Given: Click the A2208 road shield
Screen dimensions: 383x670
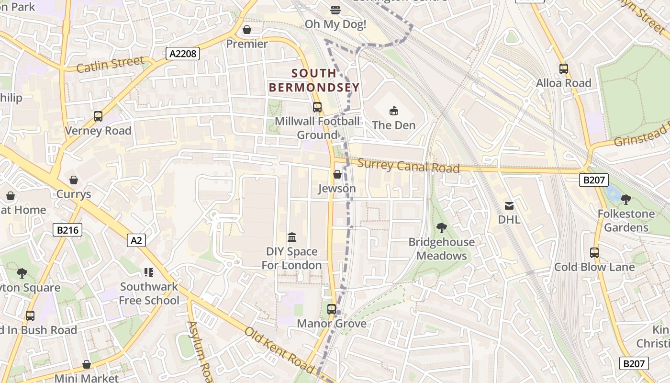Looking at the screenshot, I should [183, 53].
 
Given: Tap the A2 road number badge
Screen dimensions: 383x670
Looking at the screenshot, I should [136, 240].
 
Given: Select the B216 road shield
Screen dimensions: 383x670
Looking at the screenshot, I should [67, 230].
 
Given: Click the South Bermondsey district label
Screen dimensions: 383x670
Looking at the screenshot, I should [314, 80].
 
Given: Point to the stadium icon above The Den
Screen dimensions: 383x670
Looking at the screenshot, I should [393, 111].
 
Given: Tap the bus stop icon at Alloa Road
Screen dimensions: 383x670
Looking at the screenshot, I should [563, 69].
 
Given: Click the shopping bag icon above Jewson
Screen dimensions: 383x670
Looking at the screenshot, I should [337, 174].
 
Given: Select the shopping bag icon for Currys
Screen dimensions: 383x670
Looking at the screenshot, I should [74, 180].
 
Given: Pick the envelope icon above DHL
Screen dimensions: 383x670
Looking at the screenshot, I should [509, 206].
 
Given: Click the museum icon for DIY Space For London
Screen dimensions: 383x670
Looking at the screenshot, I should [291, 237].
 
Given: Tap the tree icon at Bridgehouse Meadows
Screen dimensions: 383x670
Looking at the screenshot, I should [441, 228].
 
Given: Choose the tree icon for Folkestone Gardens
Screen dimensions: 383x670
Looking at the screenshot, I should [625, 199].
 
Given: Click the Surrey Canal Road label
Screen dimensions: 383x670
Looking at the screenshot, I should [408, 166].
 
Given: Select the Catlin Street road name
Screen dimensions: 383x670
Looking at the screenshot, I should [110, 64].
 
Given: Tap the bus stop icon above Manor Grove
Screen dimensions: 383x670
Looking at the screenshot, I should [332, 309].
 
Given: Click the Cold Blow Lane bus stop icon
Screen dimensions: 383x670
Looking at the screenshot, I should [594, 253].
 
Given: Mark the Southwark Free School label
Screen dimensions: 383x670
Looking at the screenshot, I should [149, 293].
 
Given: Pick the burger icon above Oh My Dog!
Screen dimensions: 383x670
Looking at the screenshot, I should [335, 10].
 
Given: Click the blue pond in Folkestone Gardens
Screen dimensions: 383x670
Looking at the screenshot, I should [611, 193].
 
